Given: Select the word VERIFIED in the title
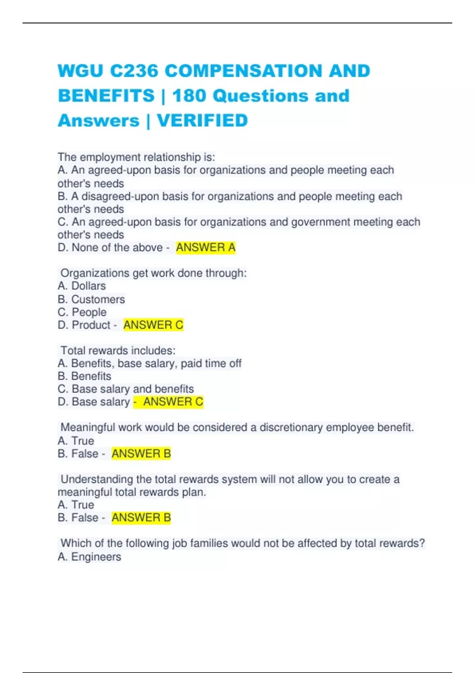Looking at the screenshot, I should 202,121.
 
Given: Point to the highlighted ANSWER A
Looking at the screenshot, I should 205,248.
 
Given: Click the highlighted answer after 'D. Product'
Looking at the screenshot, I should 153,325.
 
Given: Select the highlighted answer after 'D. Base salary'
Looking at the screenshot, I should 173,402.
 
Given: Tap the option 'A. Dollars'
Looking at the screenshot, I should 82,286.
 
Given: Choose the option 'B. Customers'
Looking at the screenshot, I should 91,299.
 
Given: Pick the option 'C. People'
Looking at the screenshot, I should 82,312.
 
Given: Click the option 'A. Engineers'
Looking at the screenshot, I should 89,557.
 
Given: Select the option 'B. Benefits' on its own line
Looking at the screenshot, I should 84,376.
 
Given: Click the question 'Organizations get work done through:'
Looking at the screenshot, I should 154,273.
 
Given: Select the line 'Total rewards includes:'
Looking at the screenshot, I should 118,351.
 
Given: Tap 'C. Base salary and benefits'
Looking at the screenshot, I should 126,389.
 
